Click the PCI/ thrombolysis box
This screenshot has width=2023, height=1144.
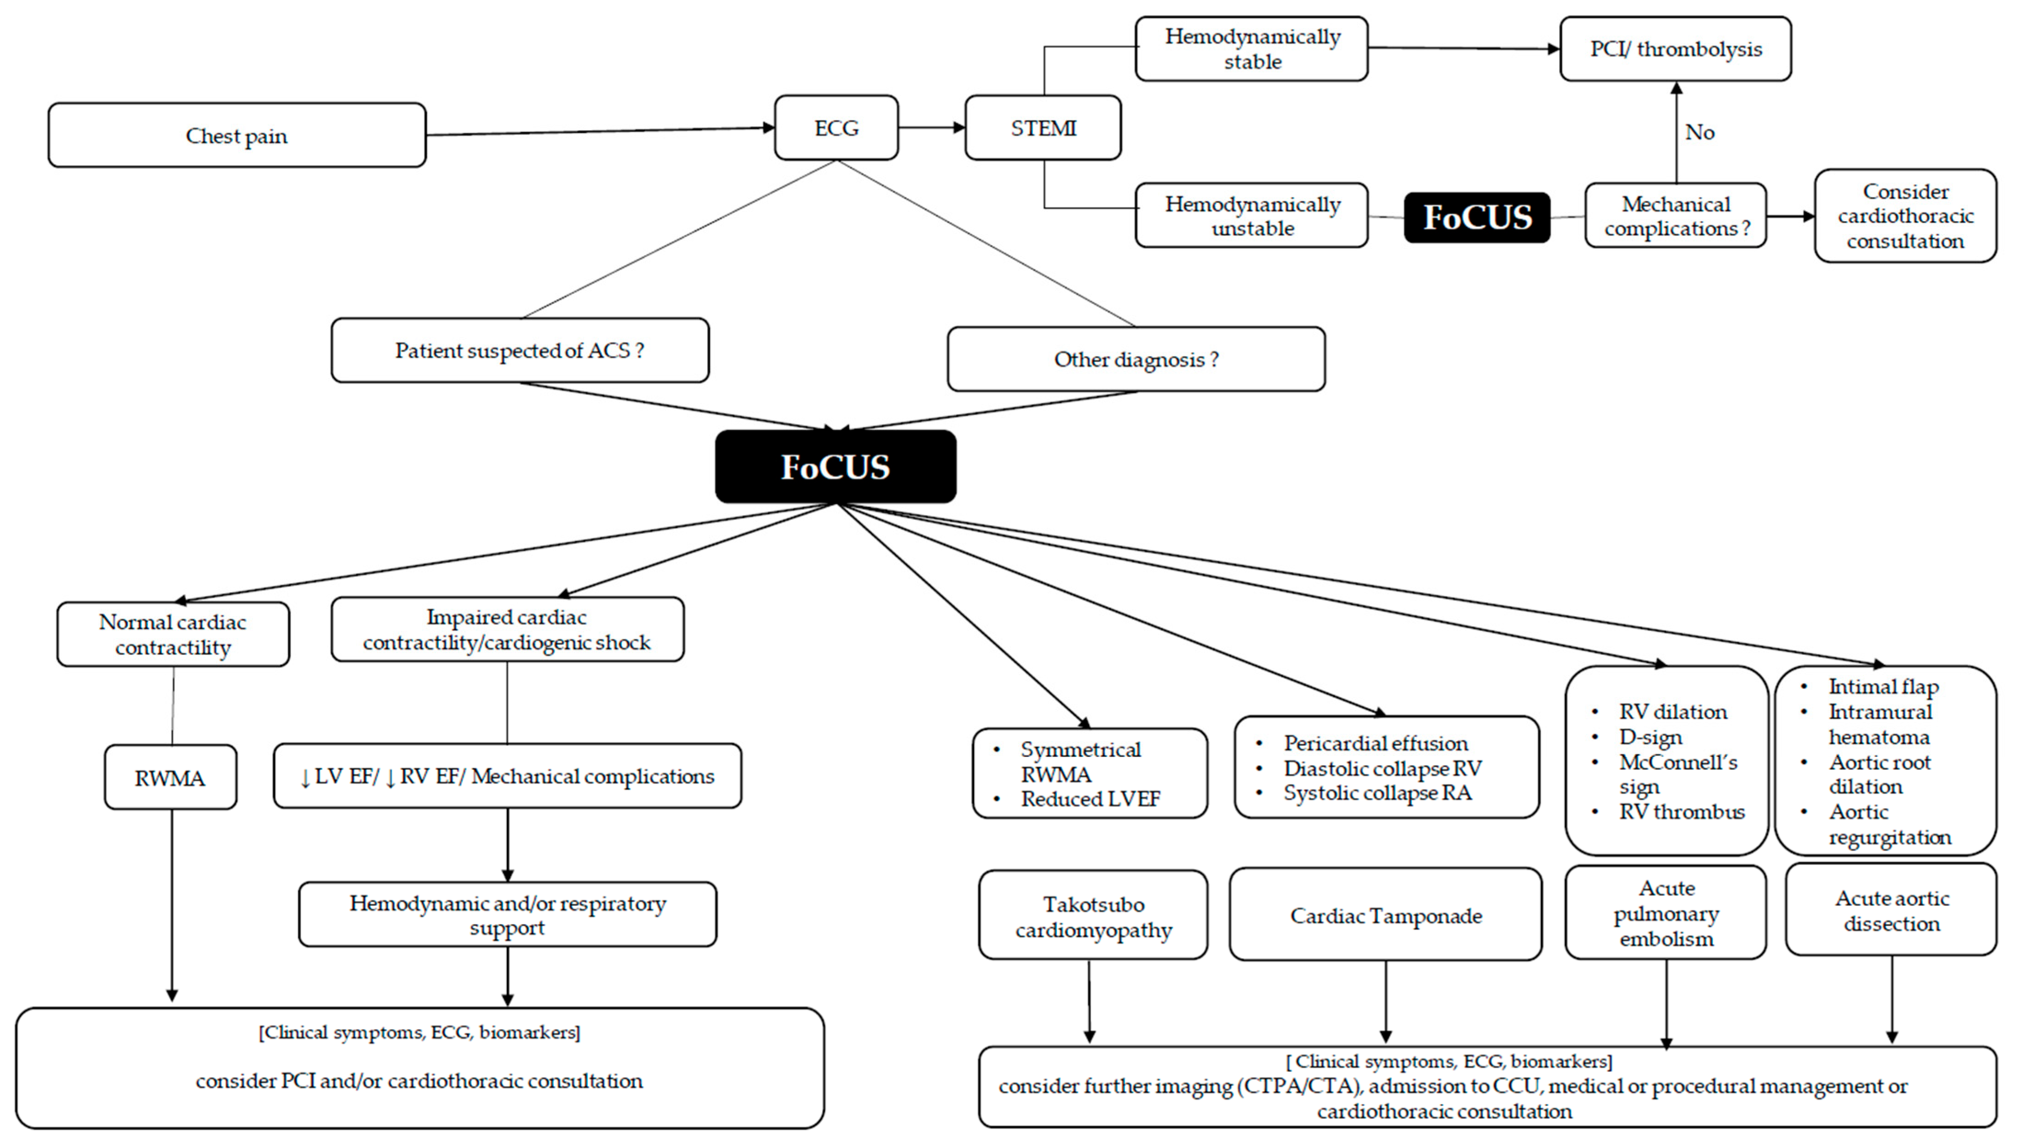[x=1676, y=49]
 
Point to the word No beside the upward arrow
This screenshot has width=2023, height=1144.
[x=1699, y=132]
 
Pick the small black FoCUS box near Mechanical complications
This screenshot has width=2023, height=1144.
[x=1477, y=217]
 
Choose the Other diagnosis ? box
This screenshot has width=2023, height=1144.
[x=1136, y=359]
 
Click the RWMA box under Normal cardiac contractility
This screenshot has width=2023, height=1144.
[x=171, y=777]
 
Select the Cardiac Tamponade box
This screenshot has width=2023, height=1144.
[x=1386, y=915]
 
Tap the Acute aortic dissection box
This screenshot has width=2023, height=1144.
[x=1891, y=910]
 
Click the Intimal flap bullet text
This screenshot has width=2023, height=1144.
[x=1883, y=686]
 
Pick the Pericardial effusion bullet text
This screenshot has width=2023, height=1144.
[x=1375, y=743]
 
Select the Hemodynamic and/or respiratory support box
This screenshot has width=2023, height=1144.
[x=508, y=915]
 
